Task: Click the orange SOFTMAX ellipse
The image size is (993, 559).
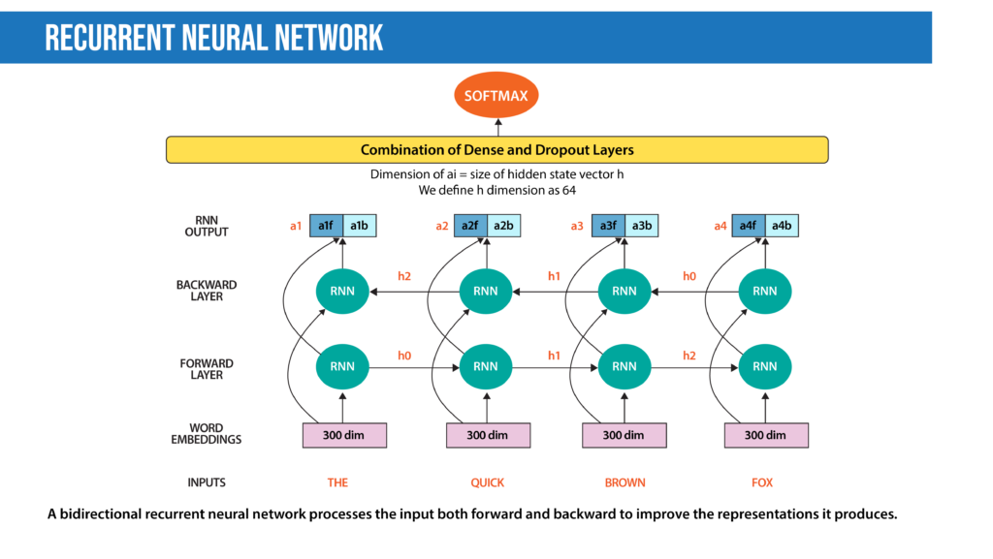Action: point(496,96)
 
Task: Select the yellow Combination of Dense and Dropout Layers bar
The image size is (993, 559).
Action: point(496,150)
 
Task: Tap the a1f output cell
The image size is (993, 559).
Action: point(326,226)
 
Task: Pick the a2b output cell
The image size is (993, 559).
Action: point(503,226)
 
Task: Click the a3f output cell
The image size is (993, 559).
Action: point(607,226)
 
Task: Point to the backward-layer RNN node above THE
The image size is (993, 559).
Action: point(342,291)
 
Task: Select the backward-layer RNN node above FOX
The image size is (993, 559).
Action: point(765,291)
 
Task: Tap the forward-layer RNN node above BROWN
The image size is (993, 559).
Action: point(625,367)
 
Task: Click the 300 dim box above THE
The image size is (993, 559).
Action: point(344,435)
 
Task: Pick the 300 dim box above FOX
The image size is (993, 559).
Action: point(766,435)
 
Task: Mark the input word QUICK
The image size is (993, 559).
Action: point(487,482)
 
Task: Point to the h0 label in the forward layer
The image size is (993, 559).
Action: point(404,356)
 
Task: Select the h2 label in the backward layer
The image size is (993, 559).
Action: point(404,276)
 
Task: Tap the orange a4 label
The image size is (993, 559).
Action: point(720,226)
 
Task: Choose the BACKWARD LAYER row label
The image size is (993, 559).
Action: point(207,291)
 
